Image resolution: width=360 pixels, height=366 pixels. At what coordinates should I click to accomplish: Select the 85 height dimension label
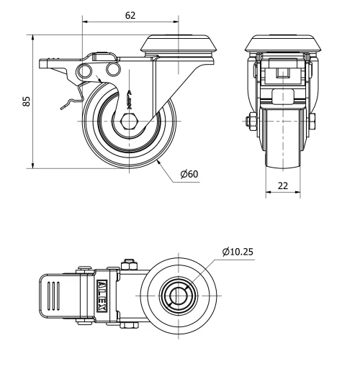point(27,101)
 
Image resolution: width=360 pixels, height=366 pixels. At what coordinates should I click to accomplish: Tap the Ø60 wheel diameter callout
point(189,174)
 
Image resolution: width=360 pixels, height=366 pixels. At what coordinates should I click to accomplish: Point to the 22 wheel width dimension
point(283,186)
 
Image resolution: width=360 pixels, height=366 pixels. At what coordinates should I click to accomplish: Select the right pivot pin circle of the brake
point(112,68)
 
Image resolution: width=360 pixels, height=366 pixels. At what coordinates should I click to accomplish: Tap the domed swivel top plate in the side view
point(177,44)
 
